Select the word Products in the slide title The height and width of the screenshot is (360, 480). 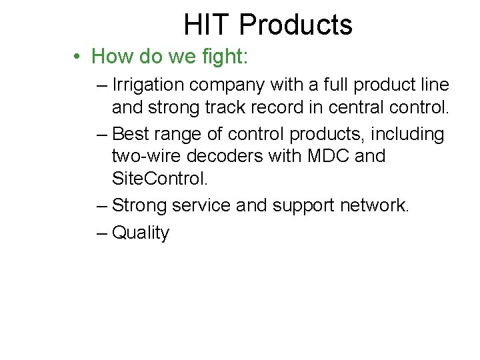pyautogui.click(x=295, y=25)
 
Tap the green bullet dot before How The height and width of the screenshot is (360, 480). pyautogui.click(x=78, y=57)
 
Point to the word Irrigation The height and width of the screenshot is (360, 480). pyautogui.click(x=149, y=86)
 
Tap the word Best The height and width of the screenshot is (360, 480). pyautogui.click(x=131, y=134)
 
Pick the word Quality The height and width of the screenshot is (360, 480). pyautogui.click(x=141, y=233)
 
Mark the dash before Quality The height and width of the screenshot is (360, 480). pyautogui.click(x=101, y=233)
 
